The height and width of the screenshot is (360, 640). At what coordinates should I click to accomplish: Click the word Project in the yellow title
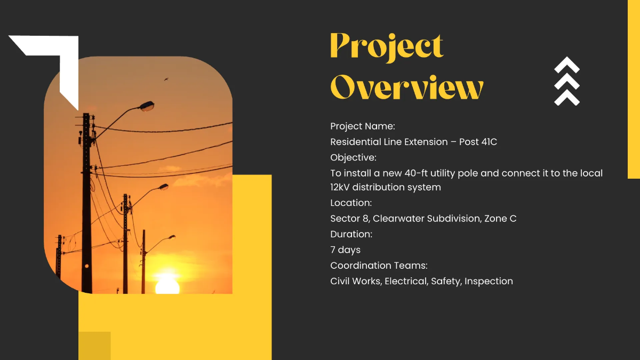(387, 47)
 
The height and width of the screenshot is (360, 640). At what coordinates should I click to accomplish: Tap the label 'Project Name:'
(363, 126)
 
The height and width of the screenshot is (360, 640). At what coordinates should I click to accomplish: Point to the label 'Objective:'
(353, 157)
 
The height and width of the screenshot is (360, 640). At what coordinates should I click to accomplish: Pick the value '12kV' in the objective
(340, 187)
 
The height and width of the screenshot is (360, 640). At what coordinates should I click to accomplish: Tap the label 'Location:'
(351, 203)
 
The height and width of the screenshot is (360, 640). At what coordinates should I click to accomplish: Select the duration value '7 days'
(345, 250)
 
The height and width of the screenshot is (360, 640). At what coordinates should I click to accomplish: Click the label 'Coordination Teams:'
(379, 266)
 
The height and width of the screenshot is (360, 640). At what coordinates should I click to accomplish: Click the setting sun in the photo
(167, 285)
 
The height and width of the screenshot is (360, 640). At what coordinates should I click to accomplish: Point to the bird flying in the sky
(166, 79)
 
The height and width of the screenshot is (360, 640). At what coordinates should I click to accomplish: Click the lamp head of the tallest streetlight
(146, 106)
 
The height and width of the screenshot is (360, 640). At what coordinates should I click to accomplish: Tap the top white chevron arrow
(566, 65)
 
